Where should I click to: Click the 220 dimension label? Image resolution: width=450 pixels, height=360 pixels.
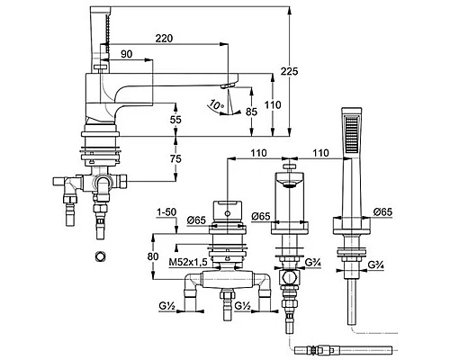tap(164, 39)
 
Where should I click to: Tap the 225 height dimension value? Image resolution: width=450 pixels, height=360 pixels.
tap(289, 71)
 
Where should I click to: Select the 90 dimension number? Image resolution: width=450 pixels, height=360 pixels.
tap(126, 54)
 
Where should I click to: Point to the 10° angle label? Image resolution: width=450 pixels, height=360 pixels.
tap(217, 104)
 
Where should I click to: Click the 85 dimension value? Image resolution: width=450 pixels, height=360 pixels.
tap(251, 112)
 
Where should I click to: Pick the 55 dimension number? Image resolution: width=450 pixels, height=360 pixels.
tap(175, 120)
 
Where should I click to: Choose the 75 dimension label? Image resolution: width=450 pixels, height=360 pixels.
tap(175, 158)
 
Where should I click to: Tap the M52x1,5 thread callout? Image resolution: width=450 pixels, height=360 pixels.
tap(188, 263)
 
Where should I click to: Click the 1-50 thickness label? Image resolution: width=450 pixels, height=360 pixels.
tap(166, 212)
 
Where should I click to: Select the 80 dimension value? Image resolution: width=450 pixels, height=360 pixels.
tap(153, 256)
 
